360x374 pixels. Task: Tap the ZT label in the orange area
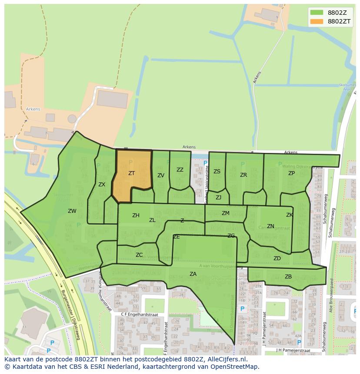(131, 173)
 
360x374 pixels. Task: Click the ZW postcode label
(72, 211)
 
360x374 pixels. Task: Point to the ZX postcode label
(102, 185)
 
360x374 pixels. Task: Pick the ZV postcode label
(161, 175)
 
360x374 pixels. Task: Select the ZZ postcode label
(180, 170)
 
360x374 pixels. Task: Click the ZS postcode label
(217, 172)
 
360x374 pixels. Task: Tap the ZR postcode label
(243, 175)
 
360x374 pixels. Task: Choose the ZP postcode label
(291, 173)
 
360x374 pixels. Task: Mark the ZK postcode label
(290, 215)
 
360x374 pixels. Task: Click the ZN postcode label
(270, 226)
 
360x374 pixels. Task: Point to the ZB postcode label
(288, 277)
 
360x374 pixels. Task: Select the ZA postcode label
(193, 274)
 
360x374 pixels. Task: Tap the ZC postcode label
(139, 255)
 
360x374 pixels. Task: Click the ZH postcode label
(136, 215)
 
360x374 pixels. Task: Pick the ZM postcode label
(225, 213)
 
